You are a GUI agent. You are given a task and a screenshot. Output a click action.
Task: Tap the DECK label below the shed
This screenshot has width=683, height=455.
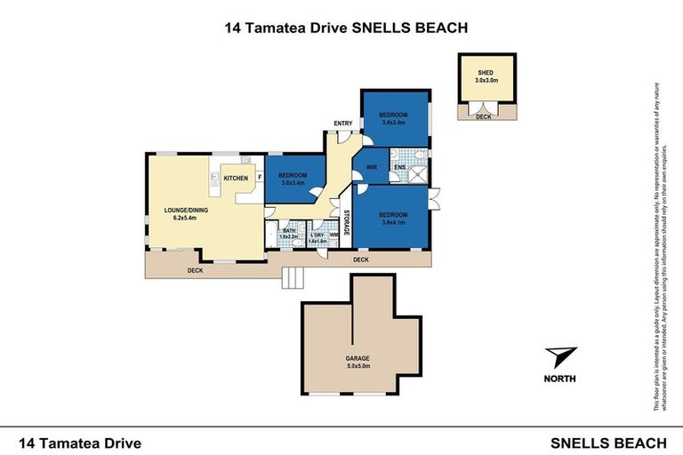[x=483, y=116]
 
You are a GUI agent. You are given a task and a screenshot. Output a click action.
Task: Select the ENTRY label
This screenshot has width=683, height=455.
[x=343, y=123]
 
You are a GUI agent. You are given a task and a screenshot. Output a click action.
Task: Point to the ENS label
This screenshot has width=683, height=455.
[x=400, y=167]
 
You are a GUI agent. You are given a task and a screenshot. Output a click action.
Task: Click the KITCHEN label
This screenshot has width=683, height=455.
[x=236, y=179]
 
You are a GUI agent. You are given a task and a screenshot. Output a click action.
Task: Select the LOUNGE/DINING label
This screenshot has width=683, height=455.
[x=185, y=211]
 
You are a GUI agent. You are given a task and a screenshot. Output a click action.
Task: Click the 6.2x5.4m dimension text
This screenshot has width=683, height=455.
[x=185, y=219]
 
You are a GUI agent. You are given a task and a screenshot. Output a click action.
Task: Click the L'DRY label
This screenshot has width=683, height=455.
[x=317, y=235]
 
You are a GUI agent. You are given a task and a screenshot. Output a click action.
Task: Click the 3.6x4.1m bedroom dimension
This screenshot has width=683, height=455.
[x=393, y=222]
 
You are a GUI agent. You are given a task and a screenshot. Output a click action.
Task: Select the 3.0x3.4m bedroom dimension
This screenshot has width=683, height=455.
[x=293, y=183]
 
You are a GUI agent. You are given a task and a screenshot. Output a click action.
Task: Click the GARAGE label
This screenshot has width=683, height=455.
[x=358, y=358]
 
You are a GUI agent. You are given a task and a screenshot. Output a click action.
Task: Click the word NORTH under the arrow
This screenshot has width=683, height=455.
[x=560, y=379]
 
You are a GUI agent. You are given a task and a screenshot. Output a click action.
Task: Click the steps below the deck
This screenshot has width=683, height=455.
[x=291, y=278]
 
